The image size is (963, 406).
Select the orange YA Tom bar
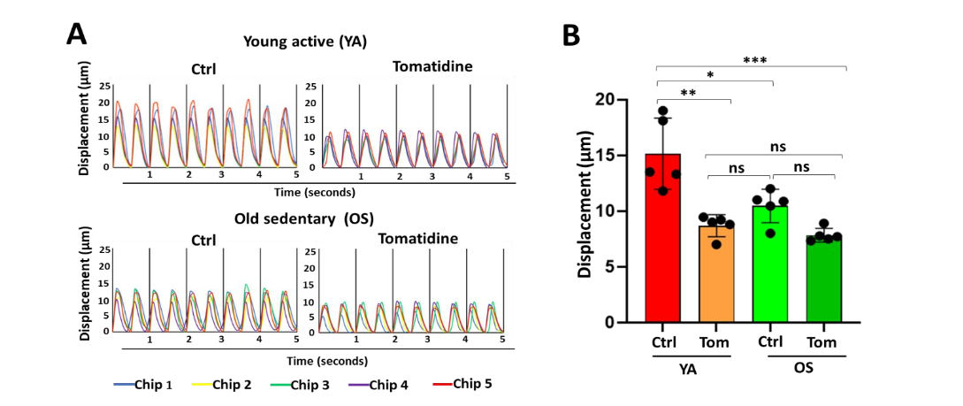(x=716, y=279)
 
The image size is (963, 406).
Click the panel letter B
(x=571, y=34)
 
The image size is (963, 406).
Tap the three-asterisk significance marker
(x=754, y=61)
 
